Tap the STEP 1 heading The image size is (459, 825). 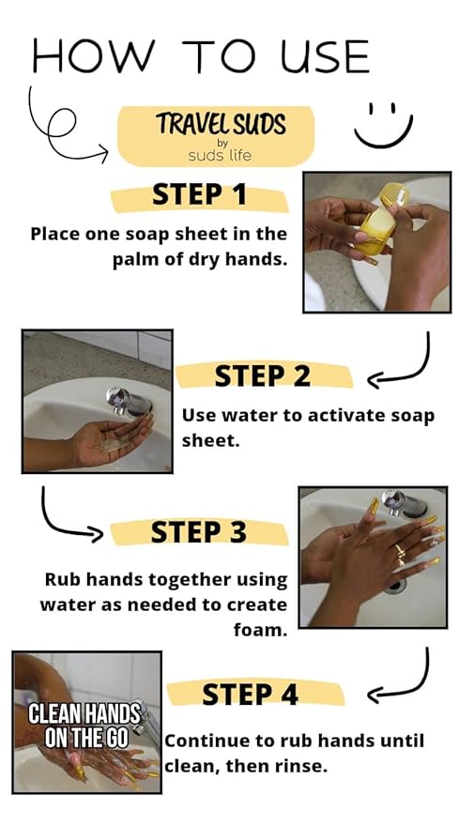tap(199, 194)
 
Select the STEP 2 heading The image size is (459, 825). tap(263, 375)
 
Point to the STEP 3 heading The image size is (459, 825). tap(198, 532)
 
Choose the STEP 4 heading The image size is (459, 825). tap(250, 694)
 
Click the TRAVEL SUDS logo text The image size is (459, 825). tap(222, 124)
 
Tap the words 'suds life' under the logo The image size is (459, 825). tap(220, 155)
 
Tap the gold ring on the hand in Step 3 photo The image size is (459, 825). tap(399, 551)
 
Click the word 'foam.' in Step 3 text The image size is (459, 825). tap(261, 629)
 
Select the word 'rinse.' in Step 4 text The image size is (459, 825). tap(301, 766)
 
